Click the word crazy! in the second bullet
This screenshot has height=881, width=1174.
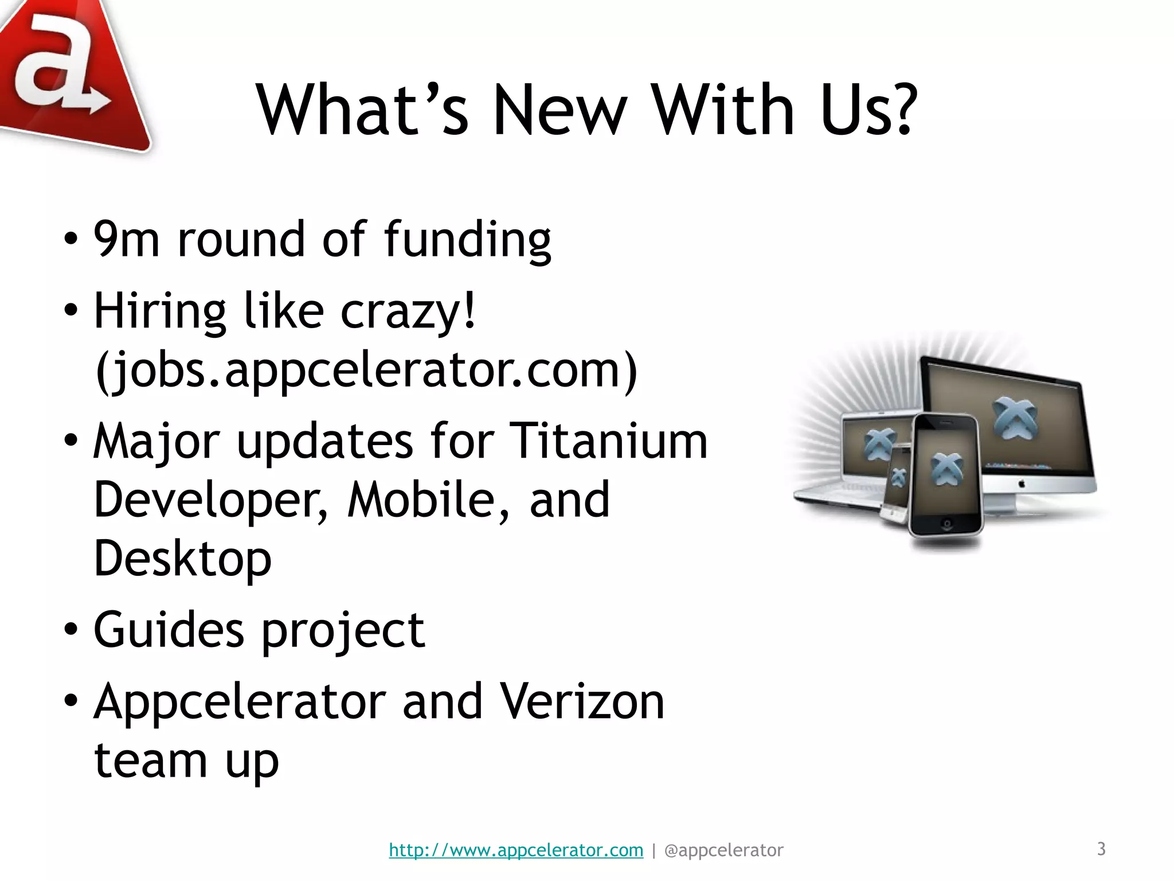(x=408, y=312)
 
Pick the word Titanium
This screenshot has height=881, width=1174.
(x=608, y=441)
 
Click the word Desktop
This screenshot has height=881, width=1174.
(x=182, y=559)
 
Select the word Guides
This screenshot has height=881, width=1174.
(x=169, y=630)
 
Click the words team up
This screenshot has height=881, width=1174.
(x=186, y=761)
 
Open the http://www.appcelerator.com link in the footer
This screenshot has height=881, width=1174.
(x=516, y=850)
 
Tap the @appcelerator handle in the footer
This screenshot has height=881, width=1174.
(x=723, y=850)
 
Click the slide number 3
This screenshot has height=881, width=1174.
(x=1101, y=849)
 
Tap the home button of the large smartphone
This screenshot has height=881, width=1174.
(x=946, y=524)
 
